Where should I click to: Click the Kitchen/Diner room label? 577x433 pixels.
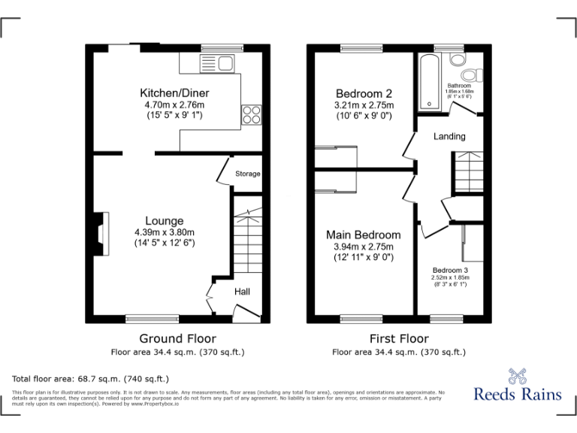click(174, 92)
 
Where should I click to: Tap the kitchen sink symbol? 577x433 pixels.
click(219, 62)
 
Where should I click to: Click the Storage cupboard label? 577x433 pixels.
click(247, 174)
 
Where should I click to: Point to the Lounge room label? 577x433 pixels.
click(164, 221)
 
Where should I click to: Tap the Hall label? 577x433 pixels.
click(242, 292)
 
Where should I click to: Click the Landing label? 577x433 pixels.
click(449, 136)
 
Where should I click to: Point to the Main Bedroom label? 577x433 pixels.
click(364, 235)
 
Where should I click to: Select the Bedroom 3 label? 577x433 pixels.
click(450, 270)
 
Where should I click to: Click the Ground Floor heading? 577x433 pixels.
click(177, 339)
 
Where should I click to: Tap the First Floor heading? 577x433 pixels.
click(399, 339)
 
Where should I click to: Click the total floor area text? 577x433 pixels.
click(91, 378)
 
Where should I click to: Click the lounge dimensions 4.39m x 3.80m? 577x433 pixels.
click(164, 232)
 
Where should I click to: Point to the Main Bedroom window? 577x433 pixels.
click(362, 318)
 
